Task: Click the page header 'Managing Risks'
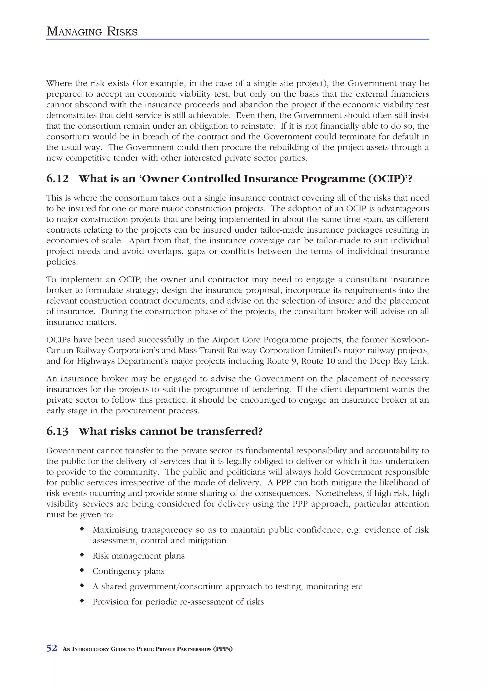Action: [x=92, y=32]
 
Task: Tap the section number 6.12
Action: [x=57, y=179]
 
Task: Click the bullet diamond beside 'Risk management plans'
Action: [x=81, y=555]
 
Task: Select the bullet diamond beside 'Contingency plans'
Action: [x=81, y=570]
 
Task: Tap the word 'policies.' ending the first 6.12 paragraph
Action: [x=62, y=262]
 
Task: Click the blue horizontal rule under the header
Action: [x=238, y=39]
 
